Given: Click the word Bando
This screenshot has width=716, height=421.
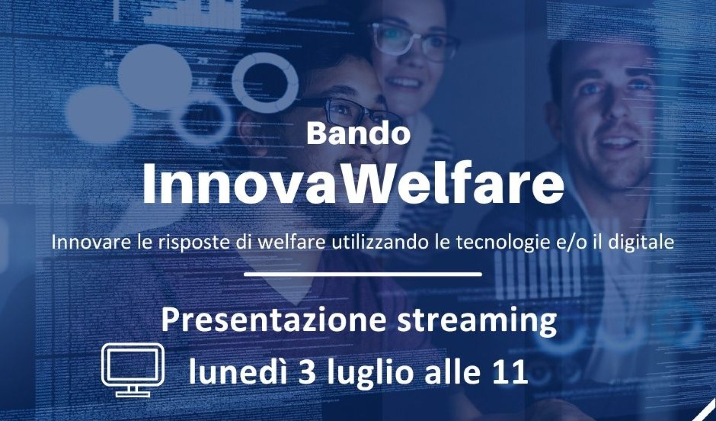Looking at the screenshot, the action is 358,134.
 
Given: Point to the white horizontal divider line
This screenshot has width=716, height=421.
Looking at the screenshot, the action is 363,274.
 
